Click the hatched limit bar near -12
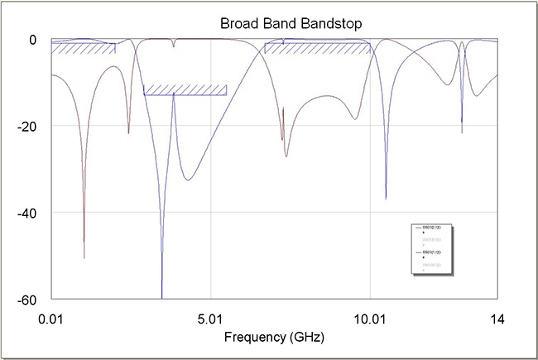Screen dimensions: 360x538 [x=185, y=90]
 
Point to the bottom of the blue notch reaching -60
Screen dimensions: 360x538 [x=161, y=297]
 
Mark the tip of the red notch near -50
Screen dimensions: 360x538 [x=84, y=257]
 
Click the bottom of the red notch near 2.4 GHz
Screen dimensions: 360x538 [x=128, y=133]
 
